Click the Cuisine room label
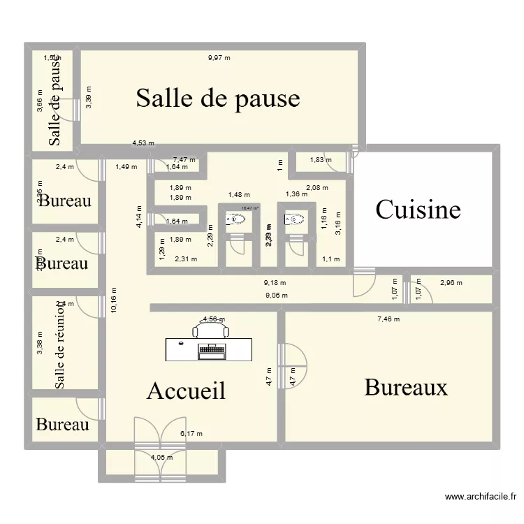[419, 209]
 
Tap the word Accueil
[186, 391]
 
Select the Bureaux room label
[406, 387]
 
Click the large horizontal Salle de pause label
[217, 98]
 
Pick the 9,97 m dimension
[219, 58]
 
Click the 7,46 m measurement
[388, 319]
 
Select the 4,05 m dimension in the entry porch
[162, 458]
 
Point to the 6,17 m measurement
[191, 434]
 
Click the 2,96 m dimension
[451, 283]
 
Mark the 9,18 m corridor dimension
[275, 283]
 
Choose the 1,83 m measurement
[321, 160]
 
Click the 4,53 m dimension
[143, 145]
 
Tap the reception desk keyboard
[212, 349]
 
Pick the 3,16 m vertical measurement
[338, 224]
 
